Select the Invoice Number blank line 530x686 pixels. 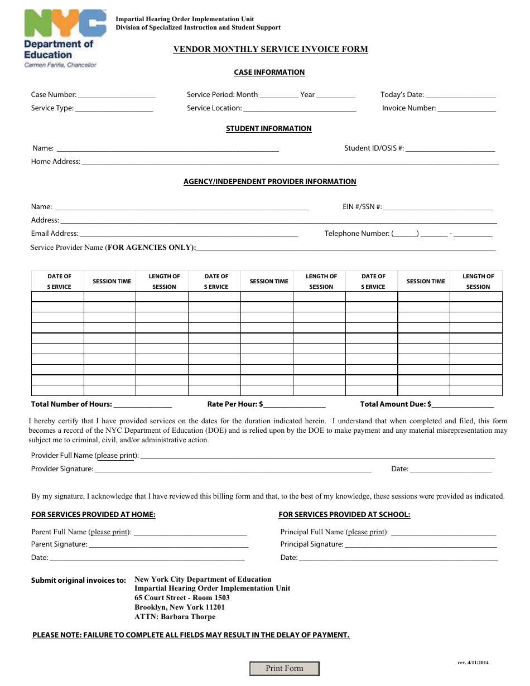(466, 109)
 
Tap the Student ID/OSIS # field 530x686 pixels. (450, 149)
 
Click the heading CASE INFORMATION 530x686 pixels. (269, 73)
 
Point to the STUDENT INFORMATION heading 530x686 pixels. (268, 129)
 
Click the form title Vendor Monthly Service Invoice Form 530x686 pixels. (271, 49)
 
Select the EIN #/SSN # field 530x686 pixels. (438, 207)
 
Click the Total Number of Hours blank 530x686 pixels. (143, 405)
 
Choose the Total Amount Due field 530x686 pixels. (462, 405)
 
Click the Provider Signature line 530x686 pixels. (233, 470)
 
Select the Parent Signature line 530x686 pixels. (168, 545)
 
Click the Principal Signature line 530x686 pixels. (421, 545)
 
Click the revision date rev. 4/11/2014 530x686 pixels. (473, 663)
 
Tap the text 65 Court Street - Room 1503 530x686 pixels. (182, 598)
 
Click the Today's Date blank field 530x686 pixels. (461, 95)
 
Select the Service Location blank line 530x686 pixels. (300, 109)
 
